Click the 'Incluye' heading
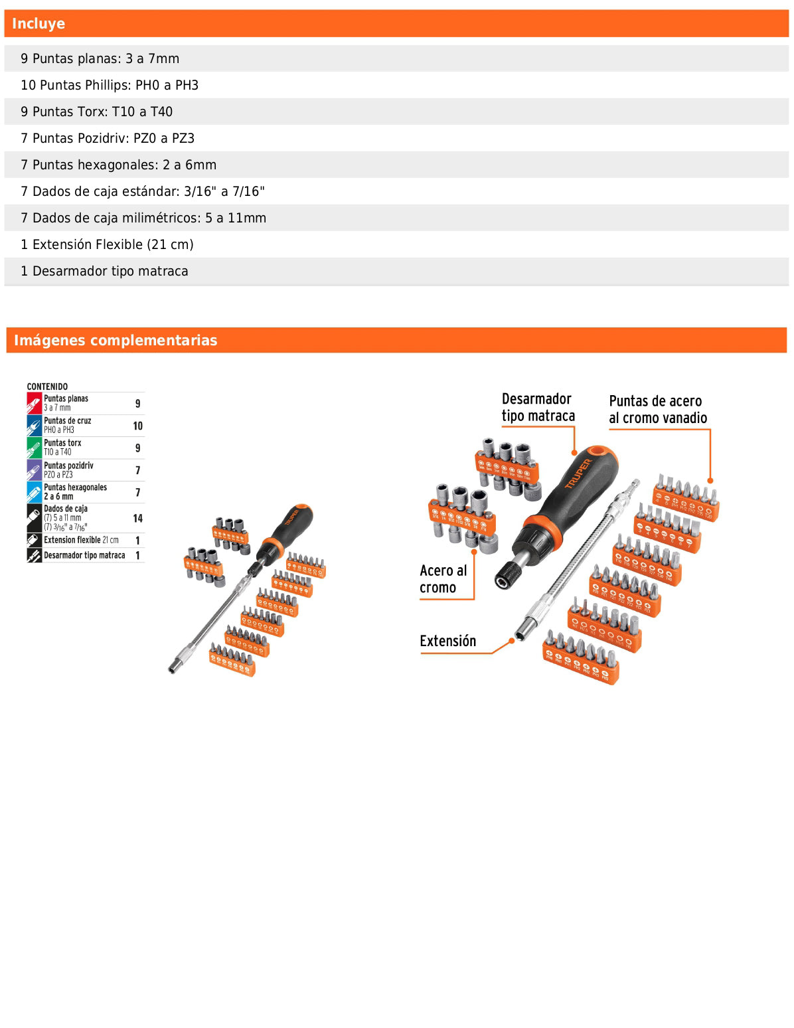point(39,24)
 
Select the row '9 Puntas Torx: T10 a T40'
point(96,112)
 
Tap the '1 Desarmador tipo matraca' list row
point(104,271)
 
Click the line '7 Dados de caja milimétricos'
point(143,218)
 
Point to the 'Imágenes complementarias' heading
point(116,340)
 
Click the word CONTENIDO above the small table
point(47,386)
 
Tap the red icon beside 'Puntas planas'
point(35,403)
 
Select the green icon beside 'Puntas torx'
point(35,448)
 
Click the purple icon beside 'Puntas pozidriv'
point(35,470)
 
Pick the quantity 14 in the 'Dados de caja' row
point(137,518)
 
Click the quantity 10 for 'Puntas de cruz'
point(137,426)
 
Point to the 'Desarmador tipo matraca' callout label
point(538,407)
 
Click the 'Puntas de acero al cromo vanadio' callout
point(657,409)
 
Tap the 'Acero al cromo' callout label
point(443,579)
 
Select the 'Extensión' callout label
point(447,641)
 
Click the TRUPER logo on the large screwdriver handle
point(578,473)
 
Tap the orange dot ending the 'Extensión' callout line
point(512,640)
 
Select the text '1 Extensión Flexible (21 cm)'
point(107,244)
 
